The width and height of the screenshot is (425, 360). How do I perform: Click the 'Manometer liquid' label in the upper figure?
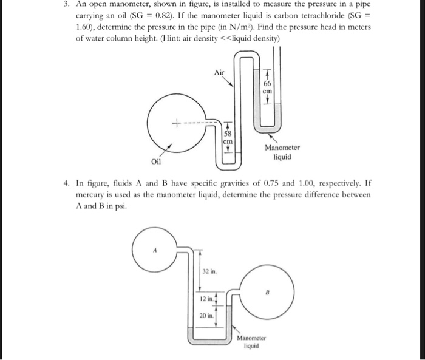(x=282, y=152)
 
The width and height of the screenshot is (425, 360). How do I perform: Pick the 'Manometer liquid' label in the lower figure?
(x=248, y=342)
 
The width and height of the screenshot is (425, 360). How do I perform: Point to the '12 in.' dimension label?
(x=206, y=299)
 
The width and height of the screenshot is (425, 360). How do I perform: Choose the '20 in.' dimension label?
(x=206, y=316)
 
